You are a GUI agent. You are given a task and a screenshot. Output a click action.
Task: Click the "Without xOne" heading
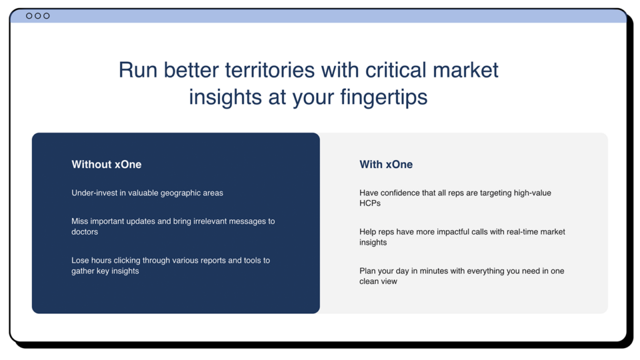(x=106, y=164)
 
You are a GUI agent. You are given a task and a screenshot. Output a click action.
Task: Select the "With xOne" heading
(x=386, y=164)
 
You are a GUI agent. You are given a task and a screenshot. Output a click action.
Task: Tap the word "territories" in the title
(x=270, y=70)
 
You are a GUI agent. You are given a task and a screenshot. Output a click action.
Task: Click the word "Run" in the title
(x=138, y=70)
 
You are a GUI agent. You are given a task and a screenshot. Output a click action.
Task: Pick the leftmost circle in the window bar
(x=29, y=16)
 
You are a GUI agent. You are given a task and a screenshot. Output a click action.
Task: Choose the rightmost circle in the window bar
(x=46, y=16)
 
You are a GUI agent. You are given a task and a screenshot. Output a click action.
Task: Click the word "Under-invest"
(x=94, y=193)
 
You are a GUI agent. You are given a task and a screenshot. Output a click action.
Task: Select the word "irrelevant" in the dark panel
(x=210, y=221)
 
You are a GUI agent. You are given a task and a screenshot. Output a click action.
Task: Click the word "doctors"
(x=85, y=232)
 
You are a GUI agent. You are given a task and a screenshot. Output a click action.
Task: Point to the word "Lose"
(x=80, y=261)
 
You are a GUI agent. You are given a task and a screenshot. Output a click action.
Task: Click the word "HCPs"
(x=370, y=203)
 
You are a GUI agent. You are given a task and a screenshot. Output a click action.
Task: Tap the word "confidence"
(x=401, y=193)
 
